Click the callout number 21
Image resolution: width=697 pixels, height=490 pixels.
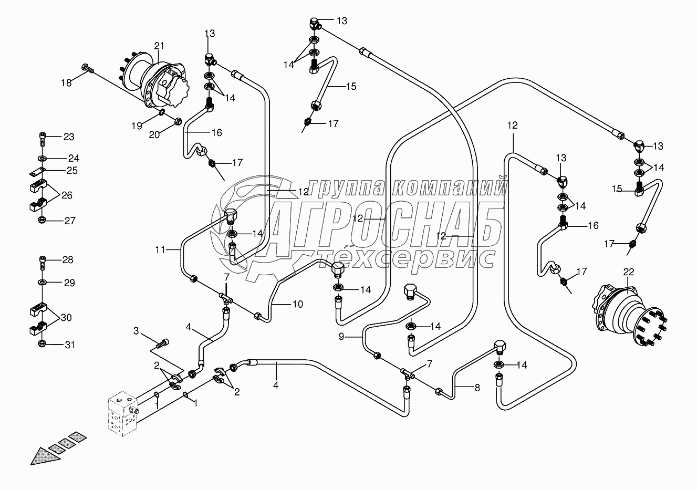coord(159,46)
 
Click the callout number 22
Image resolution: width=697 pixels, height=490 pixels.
coord(629,272)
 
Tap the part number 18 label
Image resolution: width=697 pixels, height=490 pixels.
coord(66,82)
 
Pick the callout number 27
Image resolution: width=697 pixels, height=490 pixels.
coord(70,221)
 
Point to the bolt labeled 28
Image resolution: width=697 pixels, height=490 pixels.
coord(42,260)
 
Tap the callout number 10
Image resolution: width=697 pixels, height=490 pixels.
coord(298,304)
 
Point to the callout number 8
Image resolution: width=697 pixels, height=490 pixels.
coord(477,388)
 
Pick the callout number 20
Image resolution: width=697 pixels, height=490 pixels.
coord(153,135)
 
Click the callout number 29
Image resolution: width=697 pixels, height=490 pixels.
coord(69,283)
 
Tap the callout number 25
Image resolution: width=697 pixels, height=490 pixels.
coord(71,170)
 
